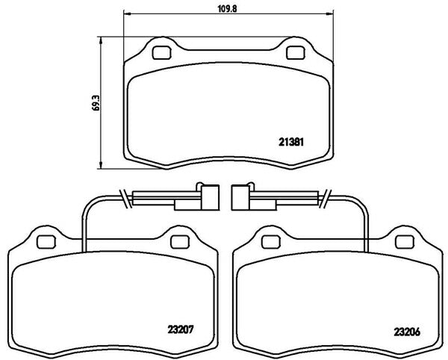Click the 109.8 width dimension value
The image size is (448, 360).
pyautogui.click(x=228, y=9)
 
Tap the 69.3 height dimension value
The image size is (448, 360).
pyautogui.click(x=97, y=103)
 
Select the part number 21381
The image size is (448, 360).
pyautogui.click(x=291, y=142)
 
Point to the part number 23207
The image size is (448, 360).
pyautogui.click(x=181, y=329)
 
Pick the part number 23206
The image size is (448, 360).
pyautogui.click(x=407, y=332)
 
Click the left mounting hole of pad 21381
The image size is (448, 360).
pyautogui.click(x=162, y=53)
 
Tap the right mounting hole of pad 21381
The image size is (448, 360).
pyautogui.click(x=296, y=53)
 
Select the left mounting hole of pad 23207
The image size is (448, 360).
pyautogui.click(x=46, y=242)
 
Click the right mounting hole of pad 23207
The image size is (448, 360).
pyautogui.click(x=180, y=242)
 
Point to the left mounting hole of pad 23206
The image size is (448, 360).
pyautogui.click(x=271, y=242)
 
